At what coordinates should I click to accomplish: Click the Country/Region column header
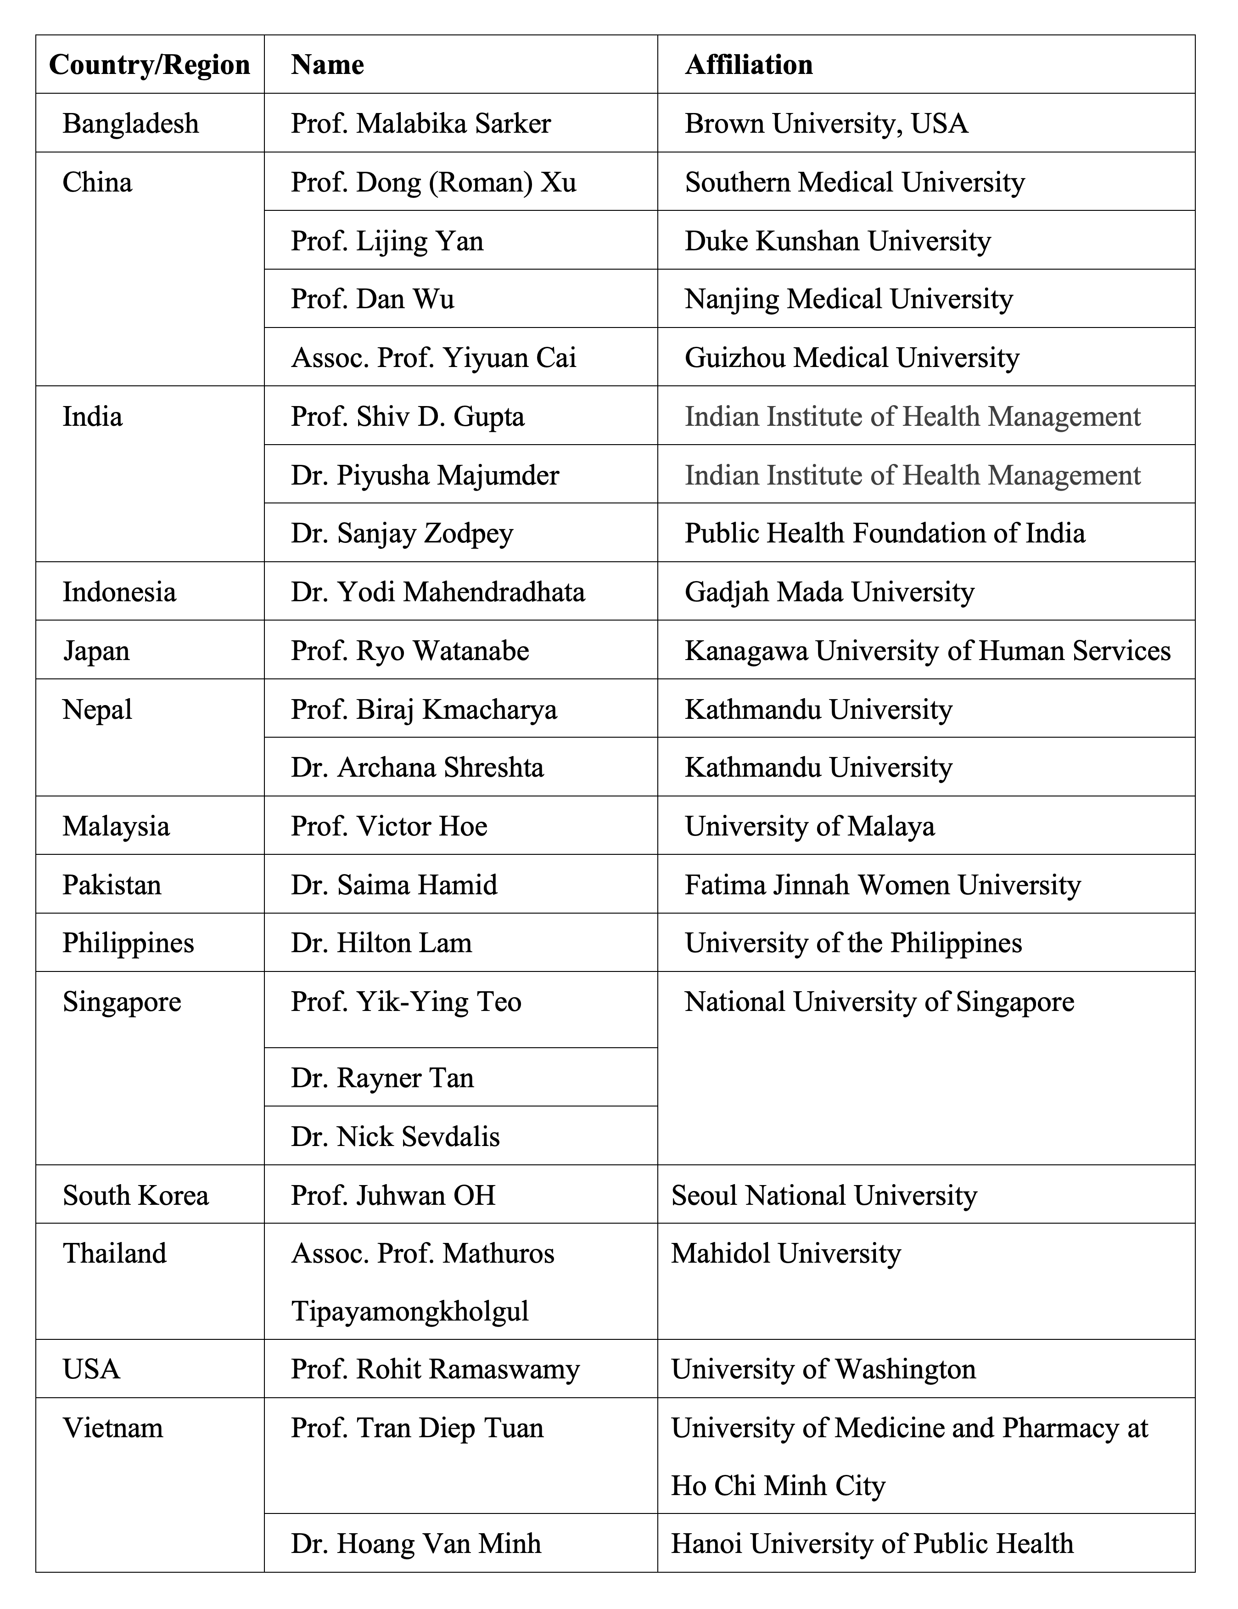(150, 65)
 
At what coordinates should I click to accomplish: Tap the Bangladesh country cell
(130, 123)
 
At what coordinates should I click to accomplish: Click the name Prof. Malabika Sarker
(420, 123)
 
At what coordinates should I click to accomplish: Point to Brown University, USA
(826, 123)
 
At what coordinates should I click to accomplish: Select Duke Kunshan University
(837, 241)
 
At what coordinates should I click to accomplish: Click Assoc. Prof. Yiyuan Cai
(433, 358)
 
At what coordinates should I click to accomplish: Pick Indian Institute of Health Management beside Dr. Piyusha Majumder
(912, 475)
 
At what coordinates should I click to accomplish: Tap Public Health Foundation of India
(885, 533)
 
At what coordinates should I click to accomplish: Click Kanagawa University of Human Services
(927, 650)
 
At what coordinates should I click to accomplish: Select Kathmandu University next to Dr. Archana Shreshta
(818, 768)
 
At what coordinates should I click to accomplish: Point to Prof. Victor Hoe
(389, 826)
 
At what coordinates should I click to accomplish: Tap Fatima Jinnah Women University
(882, 885)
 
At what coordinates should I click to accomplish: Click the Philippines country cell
(128, 943)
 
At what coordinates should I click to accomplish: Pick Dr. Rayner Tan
(382, 1078)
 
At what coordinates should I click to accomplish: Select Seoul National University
(823, 1195)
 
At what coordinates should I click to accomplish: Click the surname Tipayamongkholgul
(409, 1311)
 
